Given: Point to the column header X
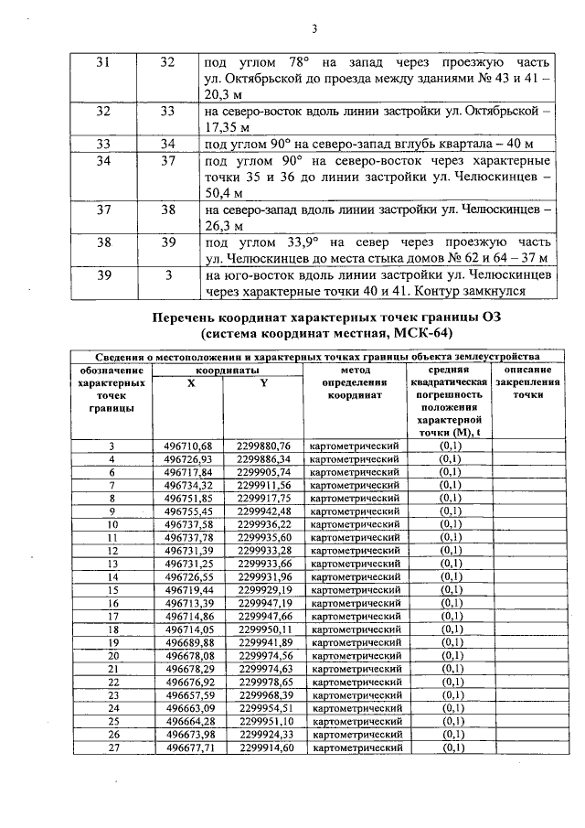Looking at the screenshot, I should pyautogui.click(x=190, y=383).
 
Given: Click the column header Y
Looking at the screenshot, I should pyautogui.click(x=263, y=383).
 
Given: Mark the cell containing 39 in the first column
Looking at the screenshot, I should pyautogui.click(x=102, y=274).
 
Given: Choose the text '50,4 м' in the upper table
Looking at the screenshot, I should pyautogui.click(x=224, y=193).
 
